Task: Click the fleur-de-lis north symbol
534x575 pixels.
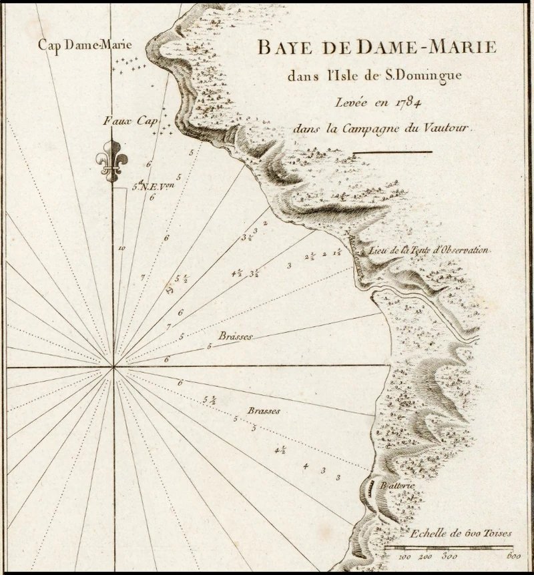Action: (x=111, y=161)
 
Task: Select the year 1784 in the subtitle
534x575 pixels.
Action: (x=391, y=101)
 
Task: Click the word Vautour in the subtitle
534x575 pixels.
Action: (x=447, y=128)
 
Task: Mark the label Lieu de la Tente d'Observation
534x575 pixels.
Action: (x=430, y=251)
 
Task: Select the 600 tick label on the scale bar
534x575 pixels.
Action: (x=513, y=556)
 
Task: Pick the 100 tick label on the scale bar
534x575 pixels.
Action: (x=405, y=556)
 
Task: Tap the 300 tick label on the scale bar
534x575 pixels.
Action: (x=449, y=556)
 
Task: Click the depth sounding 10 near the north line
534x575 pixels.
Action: (x=121, y=247)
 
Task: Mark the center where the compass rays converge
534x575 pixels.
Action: (x=114, y=366)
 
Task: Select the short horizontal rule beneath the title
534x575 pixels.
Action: (x=392, y=152)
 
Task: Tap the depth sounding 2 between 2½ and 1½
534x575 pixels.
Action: (x=324, y=253)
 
